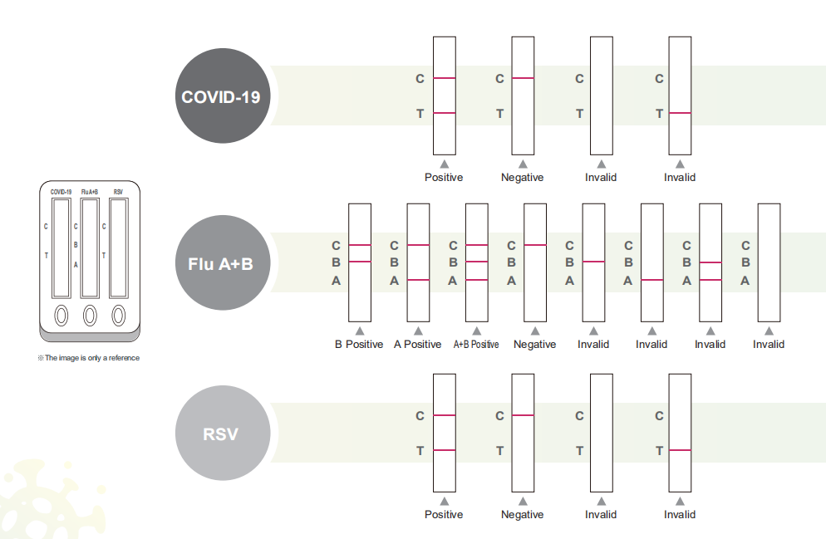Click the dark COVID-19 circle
[x=223, y=96]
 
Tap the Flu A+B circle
[x=223, y=262]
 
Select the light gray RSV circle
[x=223, y=433]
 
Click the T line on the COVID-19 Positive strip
[x=444, y=113]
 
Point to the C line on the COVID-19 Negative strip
[x=523, y=78]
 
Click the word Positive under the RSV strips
[x=444, y=514]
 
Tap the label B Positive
[x=359, y=344]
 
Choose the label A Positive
[x=418, y=344]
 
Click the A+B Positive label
[x=476, y=344]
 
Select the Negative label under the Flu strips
[x=534, y=344]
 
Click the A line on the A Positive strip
[x=418, y=280]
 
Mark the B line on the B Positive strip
[x=360, y=262]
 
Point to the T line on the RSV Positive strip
[x=444, y=450]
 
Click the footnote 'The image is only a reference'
[x=88, y=358]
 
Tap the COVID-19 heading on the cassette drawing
[x=61, y=192]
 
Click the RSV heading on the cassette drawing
[x=119, y=192]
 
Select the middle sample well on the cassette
[x=90, y=316]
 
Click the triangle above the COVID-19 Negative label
[x=523, y=164]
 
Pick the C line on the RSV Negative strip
[x=523, y=415]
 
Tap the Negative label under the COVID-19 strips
[x=522, y=178]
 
